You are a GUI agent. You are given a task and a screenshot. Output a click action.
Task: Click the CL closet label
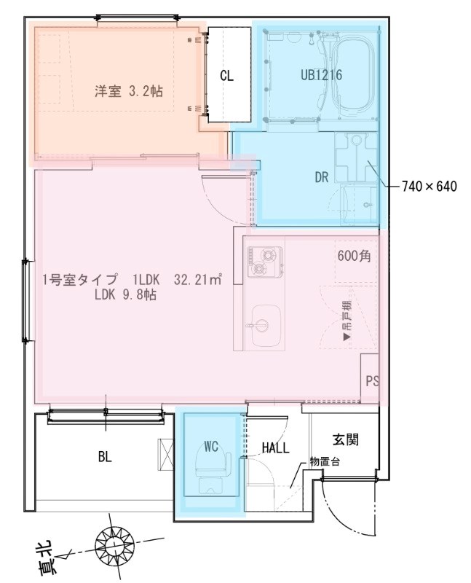pyautogui.click(x=227, y=75)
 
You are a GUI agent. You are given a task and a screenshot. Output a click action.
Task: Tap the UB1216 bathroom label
pyautogui.click(x=321, y=74)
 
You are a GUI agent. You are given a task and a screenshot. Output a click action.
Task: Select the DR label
pyautogui.click(x=322, y=177)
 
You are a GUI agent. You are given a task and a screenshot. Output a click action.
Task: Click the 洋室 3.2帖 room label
pyautogui.click(x=128, y=92)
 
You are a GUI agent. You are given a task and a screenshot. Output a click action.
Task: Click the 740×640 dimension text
pyautogui.click(x=430, y=187)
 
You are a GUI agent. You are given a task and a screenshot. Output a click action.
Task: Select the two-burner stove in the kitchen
pyautogui.click(x=263, y=263)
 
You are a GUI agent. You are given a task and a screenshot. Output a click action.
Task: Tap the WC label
pyautogui.click(x=211, y=447)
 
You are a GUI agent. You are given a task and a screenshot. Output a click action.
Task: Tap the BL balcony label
pyautogui.click(x=105, y=457)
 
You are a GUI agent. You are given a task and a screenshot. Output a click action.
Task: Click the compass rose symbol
pyautogui.click(x=114, y=543)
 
